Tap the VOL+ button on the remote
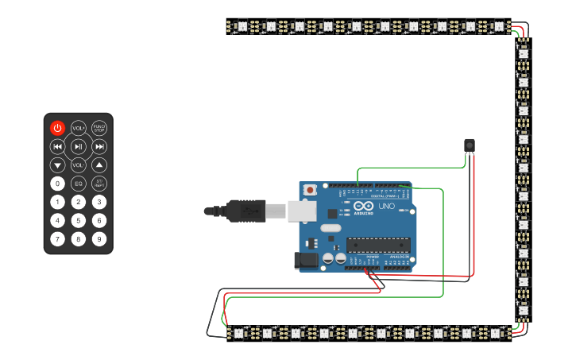point(78,127)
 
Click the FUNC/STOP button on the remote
point(99,127)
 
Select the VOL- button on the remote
point(78,165)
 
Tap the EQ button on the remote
point(78,184)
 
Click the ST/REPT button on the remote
point(99,184)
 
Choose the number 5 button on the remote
point(78,220)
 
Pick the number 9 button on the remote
point(99,238)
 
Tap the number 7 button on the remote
point(57,238)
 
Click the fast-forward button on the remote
point(99,146)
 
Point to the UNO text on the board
point(386,207)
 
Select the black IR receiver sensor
point(469,144)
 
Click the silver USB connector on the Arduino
point(301,211)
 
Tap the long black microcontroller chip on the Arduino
point(378,246)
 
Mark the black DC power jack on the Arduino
point(306,260)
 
